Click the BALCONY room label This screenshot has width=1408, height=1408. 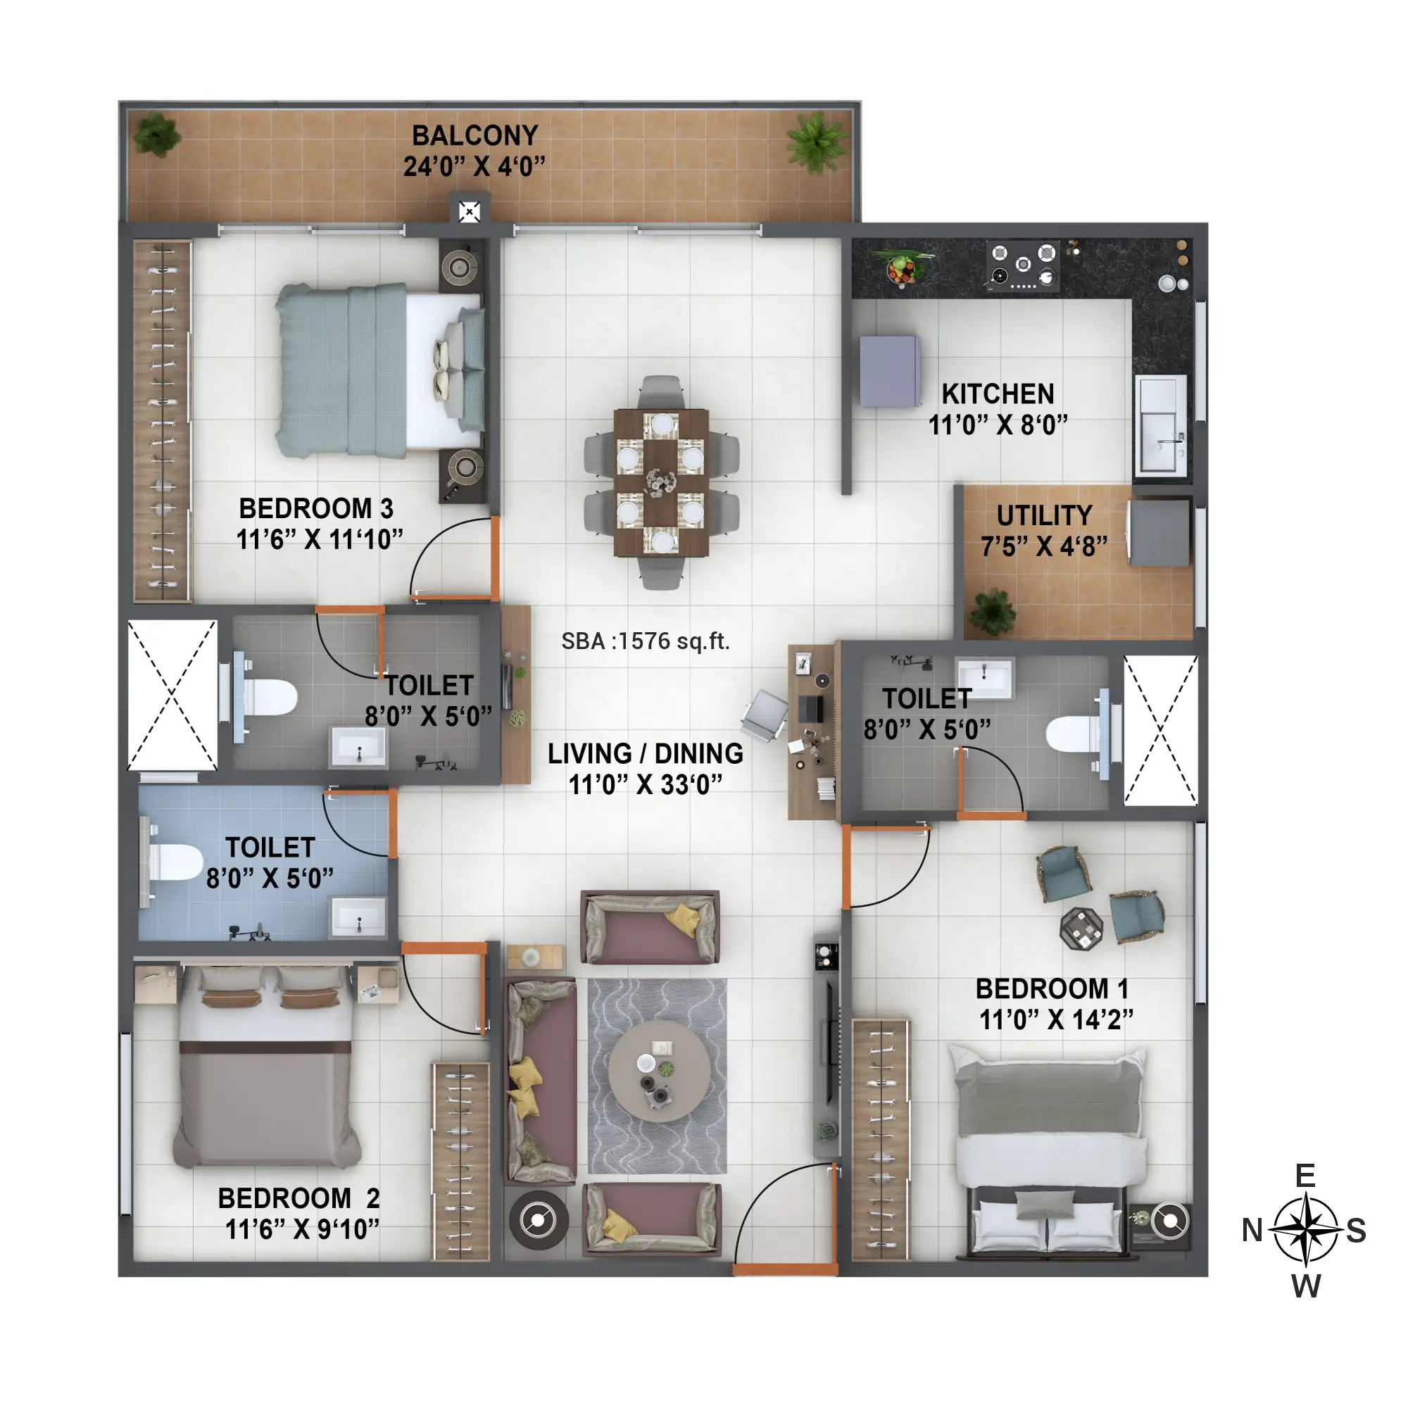click(474, 136)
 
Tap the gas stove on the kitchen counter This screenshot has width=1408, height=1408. click(1023, 266)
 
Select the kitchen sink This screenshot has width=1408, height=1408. click(1161, 425)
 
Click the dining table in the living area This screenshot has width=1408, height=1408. click(661, 482)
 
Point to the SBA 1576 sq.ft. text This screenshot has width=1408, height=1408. click(645, 641)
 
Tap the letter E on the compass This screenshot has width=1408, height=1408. click(1305, 1176)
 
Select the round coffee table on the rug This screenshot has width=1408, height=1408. click(660, 1071)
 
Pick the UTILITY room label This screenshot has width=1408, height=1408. click(1044, 515)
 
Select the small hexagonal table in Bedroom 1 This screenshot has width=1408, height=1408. click(1081, 929)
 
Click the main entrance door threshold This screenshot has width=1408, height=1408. click(785, 1269)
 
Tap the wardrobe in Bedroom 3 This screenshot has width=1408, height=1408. click(162, 421)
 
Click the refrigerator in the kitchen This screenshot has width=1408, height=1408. click(890, 370)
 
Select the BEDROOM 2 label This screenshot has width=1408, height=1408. click(298, 1198)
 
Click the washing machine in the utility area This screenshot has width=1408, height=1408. click(1158, 533)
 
